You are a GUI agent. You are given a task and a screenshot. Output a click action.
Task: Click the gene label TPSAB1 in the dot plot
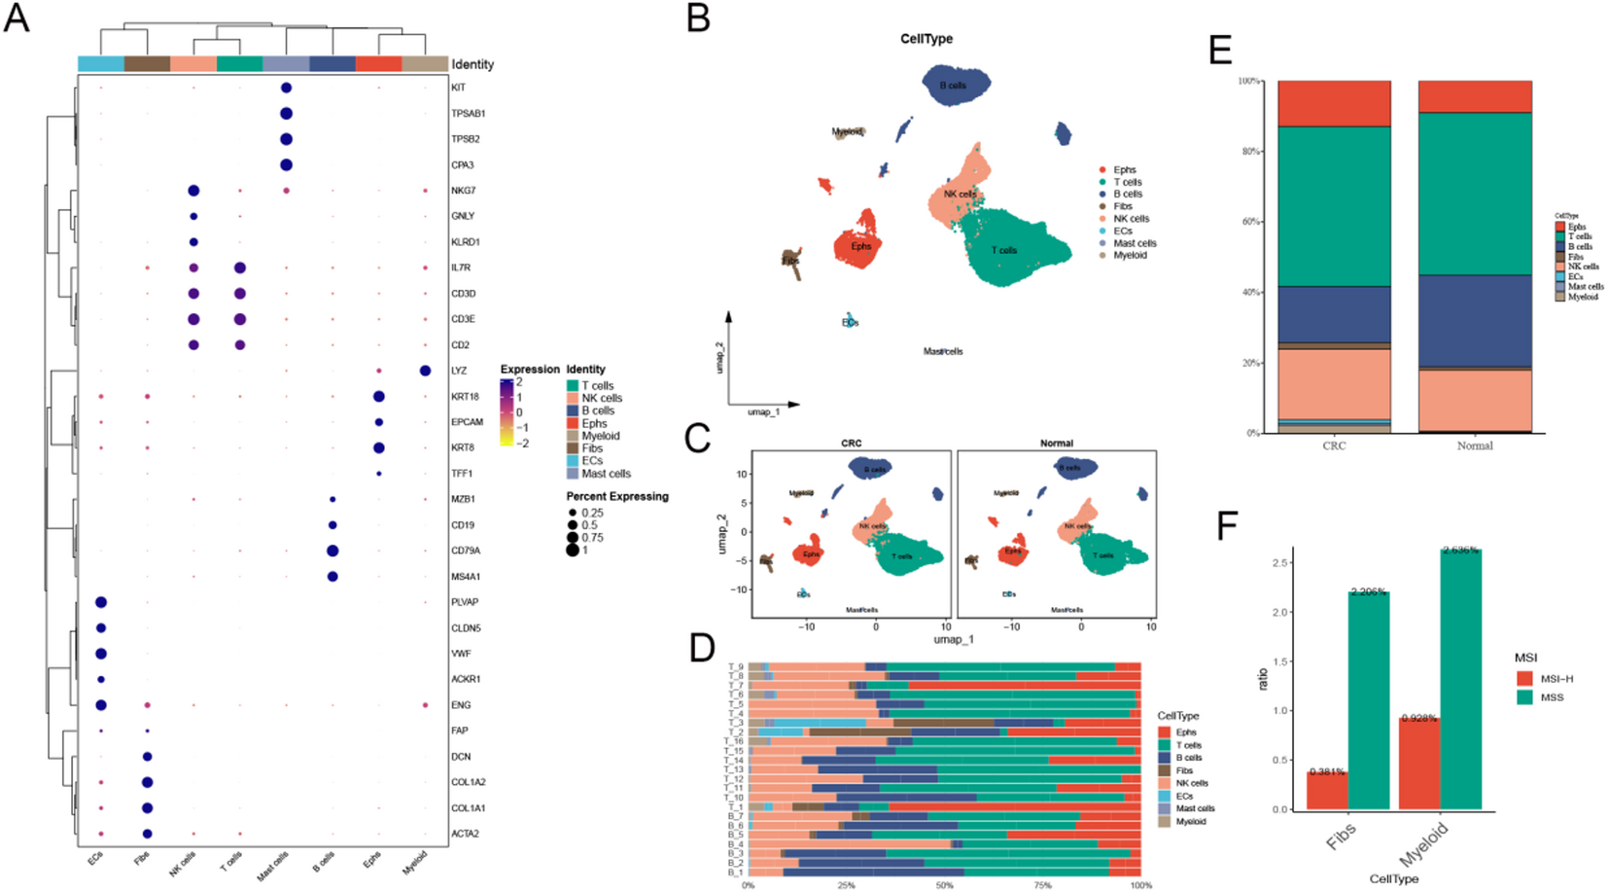tap(468, 114)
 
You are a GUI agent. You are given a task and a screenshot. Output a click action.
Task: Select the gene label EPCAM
tap(467, 422)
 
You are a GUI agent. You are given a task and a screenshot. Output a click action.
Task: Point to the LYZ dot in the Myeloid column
tap(425, 371)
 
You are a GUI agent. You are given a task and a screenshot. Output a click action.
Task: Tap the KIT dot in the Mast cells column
tap(286, 88)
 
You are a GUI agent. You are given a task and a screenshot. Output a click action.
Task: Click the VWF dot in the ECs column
tap(101, 654)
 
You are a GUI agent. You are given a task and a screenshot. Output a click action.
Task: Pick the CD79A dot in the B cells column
tap(332, 551)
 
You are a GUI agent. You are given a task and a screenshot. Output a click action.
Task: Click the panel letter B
tap(698, 18)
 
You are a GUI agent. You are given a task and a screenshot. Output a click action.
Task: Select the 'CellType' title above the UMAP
tap(926, 39)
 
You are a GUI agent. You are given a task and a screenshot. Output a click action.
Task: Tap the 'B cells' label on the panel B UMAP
tap(953, 86)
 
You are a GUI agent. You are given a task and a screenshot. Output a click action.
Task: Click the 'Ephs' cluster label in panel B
tap(861, 246)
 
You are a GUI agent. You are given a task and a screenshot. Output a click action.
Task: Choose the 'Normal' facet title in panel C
tap(1057, 444)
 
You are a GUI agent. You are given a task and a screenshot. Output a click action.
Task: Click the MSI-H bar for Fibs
tap(1326, 790)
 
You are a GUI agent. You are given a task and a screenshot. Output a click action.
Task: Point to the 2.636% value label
tap(1460, 551)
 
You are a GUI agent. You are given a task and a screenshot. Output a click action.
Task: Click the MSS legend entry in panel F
tap(1552, 697)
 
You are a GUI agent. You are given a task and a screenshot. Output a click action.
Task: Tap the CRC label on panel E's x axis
tap(1334, 446)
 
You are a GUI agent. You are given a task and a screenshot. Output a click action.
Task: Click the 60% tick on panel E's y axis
tap(1250, 222)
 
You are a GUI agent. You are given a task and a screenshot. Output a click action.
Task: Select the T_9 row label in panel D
tap(736, 667)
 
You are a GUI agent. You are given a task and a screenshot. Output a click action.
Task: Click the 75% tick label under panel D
tap(1042, 885)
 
